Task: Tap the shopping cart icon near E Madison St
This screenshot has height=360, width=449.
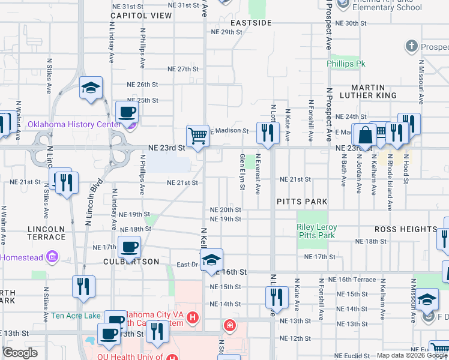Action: (197, 136)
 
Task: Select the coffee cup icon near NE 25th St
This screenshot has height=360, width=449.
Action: (127, 111)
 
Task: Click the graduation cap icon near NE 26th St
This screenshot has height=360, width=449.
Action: (91, 88)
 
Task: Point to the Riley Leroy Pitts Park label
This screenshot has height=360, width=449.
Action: (316, 232)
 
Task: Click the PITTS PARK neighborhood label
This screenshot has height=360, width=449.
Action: (301, 202)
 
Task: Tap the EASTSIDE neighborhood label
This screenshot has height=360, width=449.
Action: (251, 23)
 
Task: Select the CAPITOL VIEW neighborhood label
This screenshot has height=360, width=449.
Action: (141, 16)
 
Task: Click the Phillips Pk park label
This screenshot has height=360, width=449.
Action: (346, 64)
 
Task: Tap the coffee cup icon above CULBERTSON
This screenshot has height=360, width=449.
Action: (128, 246)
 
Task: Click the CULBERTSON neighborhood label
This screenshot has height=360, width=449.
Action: (131, 262)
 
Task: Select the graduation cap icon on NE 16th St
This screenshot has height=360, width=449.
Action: (211, 260)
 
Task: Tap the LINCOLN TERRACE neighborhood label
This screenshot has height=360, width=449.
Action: (46, 233)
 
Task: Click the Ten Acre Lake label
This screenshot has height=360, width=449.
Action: (76, 316)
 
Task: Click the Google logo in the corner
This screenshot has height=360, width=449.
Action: (20, 352)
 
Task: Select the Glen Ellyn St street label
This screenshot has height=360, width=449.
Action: (243, 172)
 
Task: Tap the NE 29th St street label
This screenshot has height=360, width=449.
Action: (226, 32)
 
